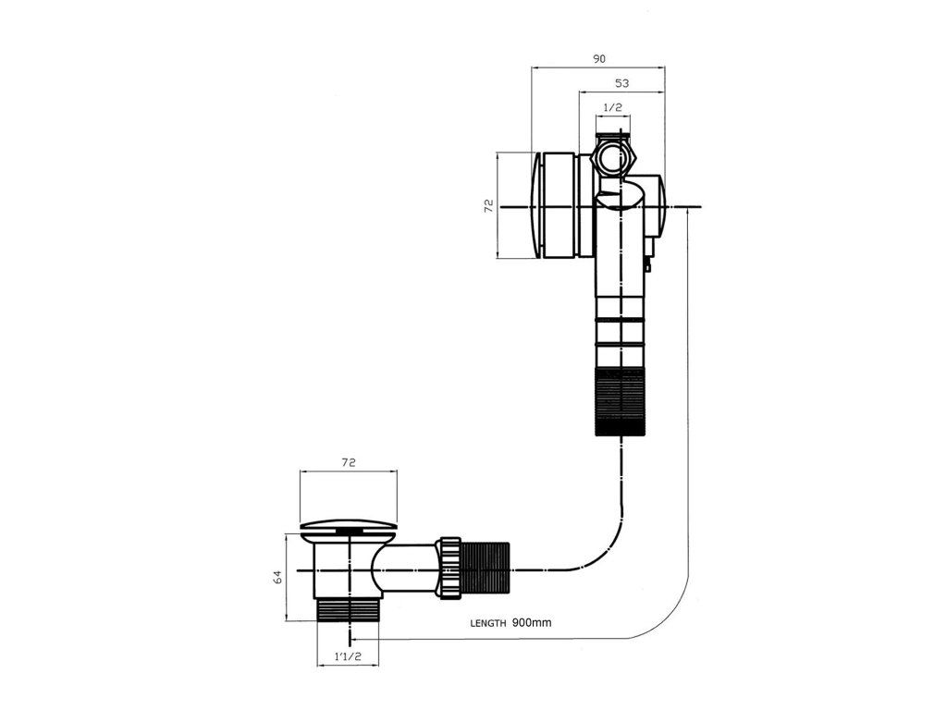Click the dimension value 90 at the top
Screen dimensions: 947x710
pyautogui.click(x=599, y=58)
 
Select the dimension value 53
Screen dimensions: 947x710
pyautogui.click(x=621, y=83)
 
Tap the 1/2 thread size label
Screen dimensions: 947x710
pyautogui.click(x=612, y=108)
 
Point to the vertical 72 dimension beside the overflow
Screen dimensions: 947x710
pyautogui.click(x=488, y=205)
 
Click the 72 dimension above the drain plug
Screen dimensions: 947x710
pyautogui.click(x=349, y=461)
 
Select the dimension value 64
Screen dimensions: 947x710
pyautogui.click(x=277, y=577)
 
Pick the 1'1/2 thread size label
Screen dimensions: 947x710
pyautogui.click(x=348, y=657)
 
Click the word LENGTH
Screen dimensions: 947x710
pyautogui.click(x=487, y=623)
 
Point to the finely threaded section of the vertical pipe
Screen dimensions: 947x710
pyautogui.click(x=619, y=399)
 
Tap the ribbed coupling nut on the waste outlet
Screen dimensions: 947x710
pyautogui.click(x=450, y=568)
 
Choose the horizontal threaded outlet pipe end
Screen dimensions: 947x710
pyautogui.click(x=486, y=568)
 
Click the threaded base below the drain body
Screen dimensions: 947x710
pyautogui.click(x=349, y=609)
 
